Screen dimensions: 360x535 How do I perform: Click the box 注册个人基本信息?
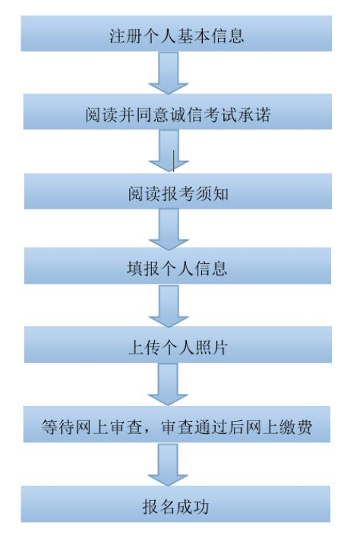tap(176, 33)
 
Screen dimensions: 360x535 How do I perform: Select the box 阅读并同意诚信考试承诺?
tap(177, 112)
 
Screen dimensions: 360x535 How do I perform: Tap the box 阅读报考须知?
tap(178, 191)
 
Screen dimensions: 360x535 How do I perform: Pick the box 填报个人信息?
tap(177, 266)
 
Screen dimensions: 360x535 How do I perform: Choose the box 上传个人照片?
tap(178, 345)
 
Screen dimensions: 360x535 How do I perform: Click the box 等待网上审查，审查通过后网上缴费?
tap(177, 424)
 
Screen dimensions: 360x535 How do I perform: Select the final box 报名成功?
tap(175, 504)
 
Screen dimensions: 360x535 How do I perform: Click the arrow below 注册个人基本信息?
tap(169, 73)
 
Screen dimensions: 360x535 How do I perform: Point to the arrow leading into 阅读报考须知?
tap(169, 151)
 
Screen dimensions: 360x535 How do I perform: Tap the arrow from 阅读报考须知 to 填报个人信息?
tap(169, 229)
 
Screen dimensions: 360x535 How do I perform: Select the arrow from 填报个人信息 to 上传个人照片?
tap(169, 306)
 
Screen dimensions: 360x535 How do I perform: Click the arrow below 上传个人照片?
tap(168, 384)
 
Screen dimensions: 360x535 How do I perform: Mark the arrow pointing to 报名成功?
tap(168, 464)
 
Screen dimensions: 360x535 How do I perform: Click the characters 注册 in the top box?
tap(125, 36)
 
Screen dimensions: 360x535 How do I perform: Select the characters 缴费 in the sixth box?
tap(295, 426)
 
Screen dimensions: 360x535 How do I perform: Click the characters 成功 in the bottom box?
tap(192, 507)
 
